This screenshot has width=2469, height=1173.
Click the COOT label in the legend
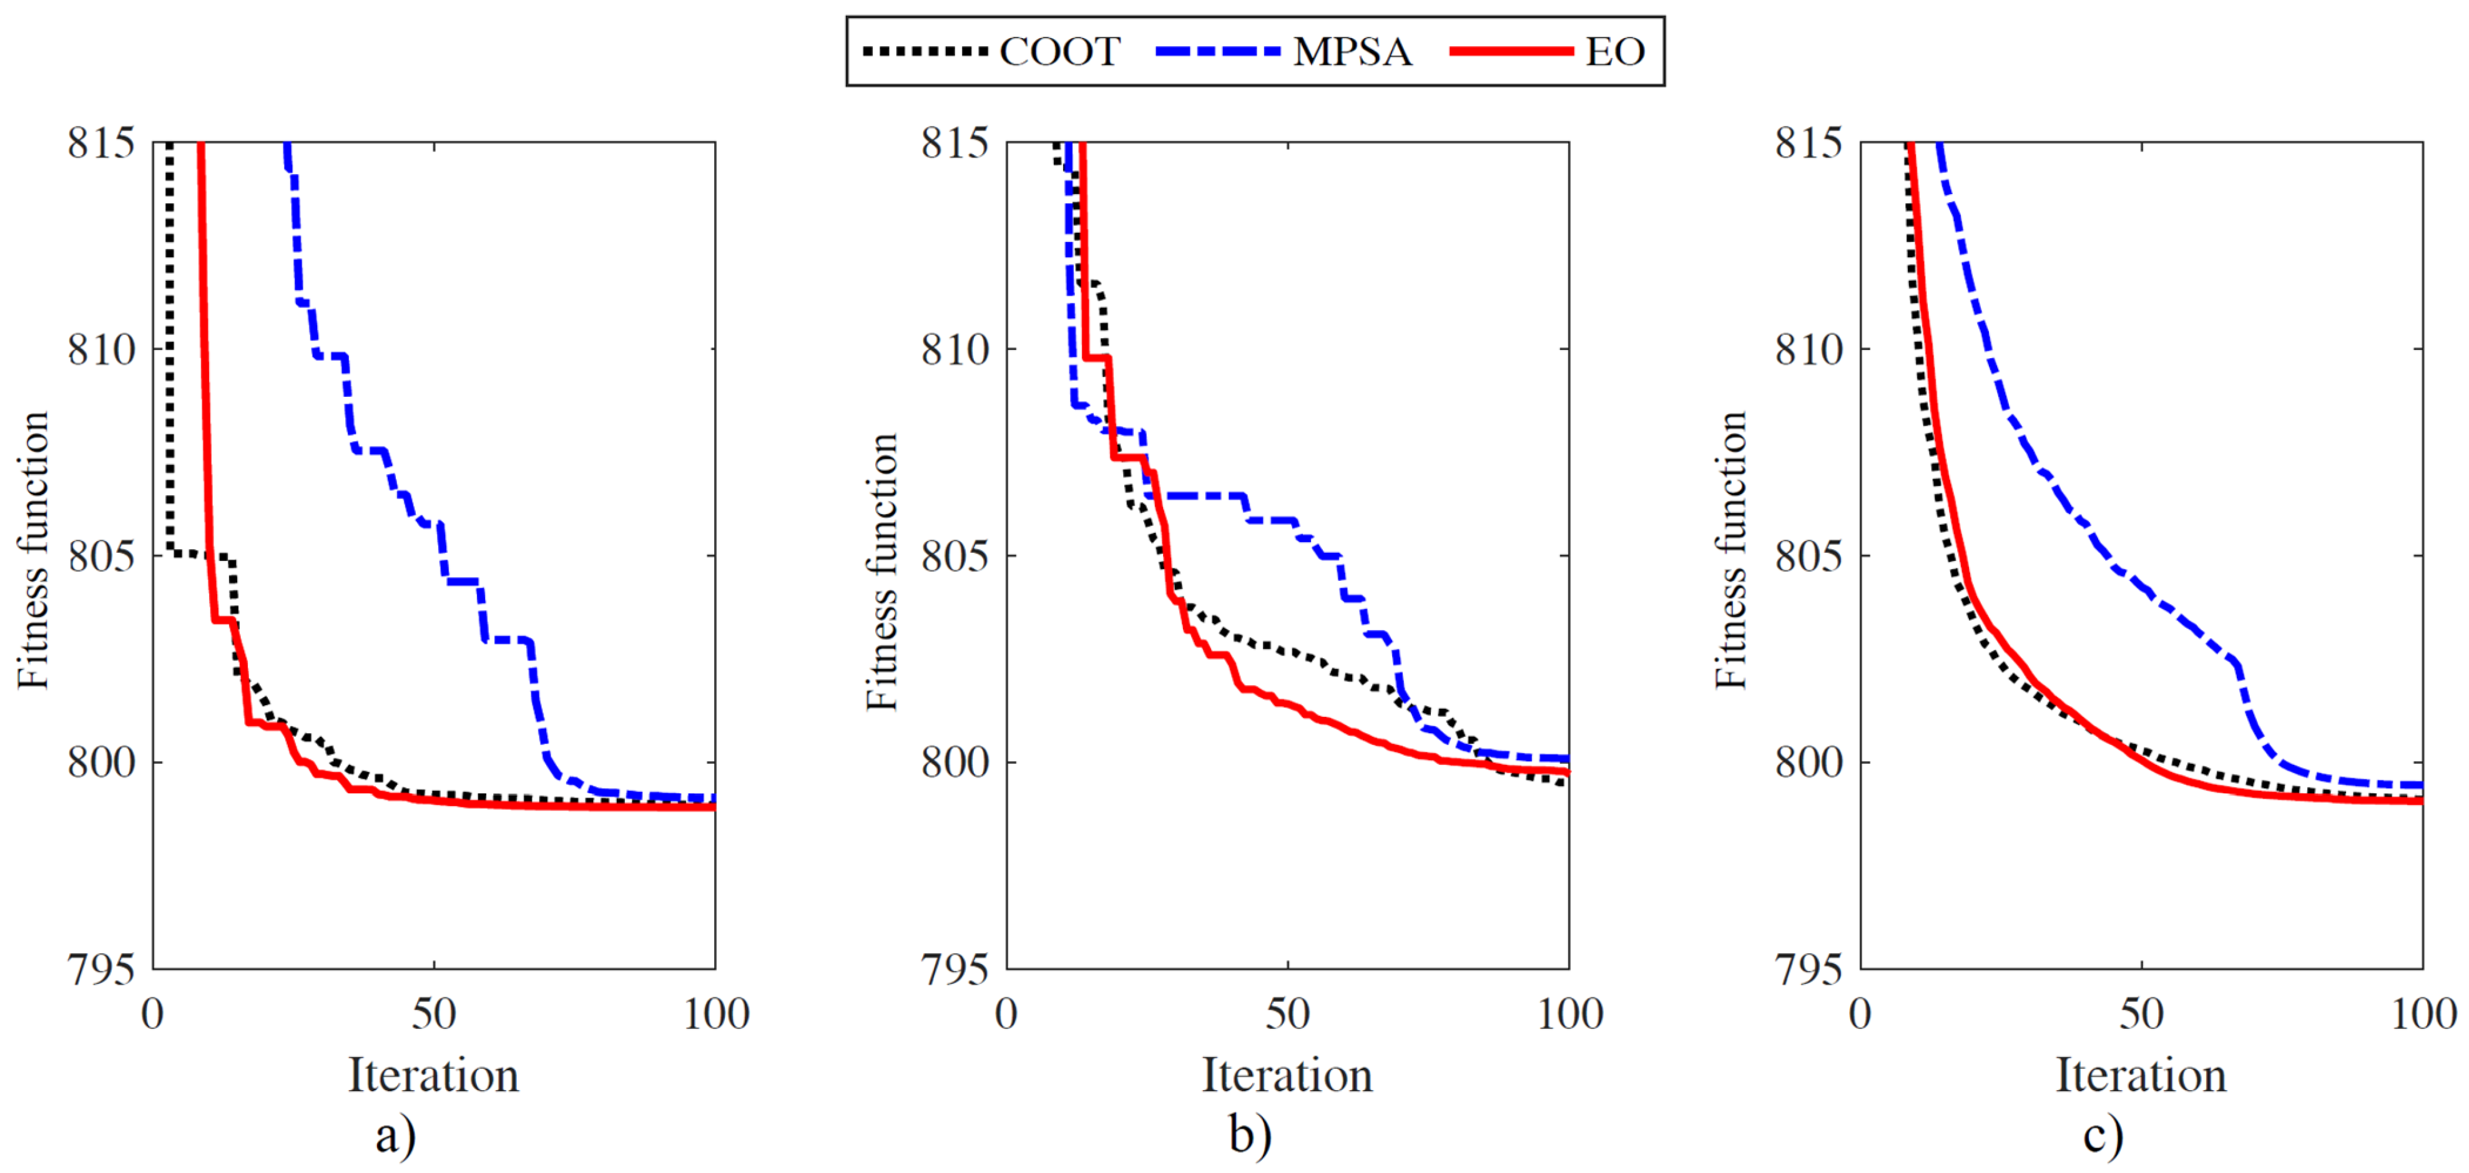(x=1059, y=52)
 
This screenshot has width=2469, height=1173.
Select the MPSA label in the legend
(x=1352, y=52)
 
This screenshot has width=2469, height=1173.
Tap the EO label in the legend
(x=1615, y=52)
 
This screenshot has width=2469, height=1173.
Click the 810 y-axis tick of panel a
(x=101, y=350)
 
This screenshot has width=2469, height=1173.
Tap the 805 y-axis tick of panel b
(x=954, y=557)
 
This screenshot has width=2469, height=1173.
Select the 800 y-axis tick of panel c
(x=1809, y=764)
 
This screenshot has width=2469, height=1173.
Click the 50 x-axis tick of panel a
(x=434, y=1014)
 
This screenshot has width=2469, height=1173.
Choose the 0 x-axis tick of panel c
(x=1860, y=1014)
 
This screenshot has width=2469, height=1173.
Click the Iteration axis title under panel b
(x=1287, y=1075)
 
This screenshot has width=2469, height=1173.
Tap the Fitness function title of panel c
(x=1732, y=551)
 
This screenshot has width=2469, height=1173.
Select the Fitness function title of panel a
(x=34, y=551)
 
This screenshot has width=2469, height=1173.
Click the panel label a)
(x=396, y=1137)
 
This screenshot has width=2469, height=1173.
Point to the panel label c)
(x=2103, y=1137)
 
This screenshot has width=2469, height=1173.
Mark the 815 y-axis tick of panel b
(x=954, y=144)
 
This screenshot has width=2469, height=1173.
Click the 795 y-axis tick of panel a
(x=101, y=970)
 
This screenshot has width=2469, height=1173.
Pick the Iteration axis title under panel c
(x=2141, y=1075)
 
